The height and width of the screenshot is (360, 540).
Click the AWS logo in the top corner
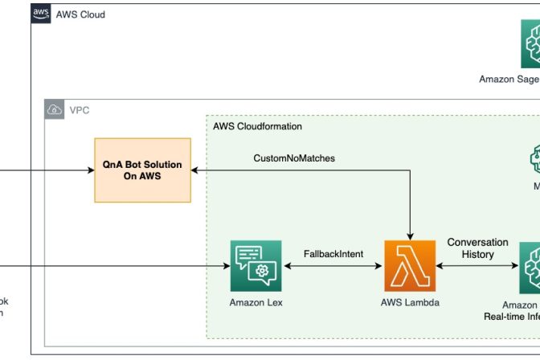tap(41, 14)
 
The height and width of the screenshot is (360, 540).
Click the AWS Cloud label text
tap(80, 14)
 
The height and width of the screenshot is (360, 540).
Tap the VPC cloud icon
tap(55, 110)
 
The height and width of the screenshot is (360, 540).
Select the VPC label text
tap(80, 110)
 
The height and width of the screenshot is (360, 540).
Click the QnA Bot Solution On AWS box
tap(142, 170)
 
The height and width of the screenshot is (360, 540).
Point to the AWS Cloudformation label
tap(257, 127)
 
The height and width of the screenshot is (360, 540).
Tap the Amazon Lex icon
tap(256, 266)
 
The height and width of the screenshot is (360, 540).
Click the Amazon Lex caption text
tap(256, 304)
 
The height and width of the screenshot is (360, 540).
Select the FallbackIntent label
tap(333, 254)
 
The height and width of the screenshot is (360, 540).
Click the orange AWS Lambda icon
tap(411, 266)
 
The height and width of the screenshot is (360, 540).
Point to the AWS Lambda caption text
tap(411, 304)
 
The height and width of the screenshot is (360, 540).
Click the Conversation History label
tap(478, 248)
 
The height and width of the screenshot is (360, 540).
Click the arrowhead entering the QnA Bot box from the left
tap(90, 170)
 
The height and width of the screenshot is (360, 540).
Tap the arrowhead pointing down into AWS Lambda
tap(411, 235)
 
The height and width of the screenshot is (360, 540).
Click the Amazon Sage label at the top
tap(509, 79)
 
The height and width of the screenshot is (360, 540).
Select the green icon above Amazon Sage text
tap(530, 47)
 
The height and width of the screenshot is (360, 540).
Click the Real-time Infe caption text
tap(511, 317)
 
